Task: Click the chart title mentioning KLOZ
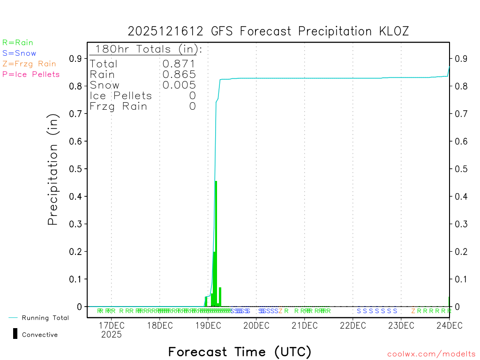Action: (268, 31)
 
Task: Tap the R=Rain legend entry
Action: (18, 43)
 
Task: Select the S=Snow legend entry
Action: (19, 53)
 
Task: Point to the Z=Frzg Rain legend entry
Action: (29, 64)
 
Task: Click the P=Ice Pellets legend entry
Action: (31, 74)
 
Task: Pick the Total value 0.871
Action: (179, 64)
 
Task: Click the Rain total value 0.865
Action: (179, 75)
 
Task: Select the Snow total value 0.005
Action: (179, 85)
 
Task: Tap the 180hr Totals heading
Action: (146, 49)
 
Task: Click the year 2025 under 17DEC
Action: (111, 335)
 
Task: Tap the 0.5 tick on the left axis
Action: (75, 169)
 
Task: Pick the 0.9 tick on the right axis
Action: (459, 59)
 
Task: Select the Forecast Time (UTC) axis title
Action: (240, 352)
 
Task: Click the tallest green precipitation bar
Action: (216, 244)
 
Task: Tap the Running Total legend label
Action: (45, 318)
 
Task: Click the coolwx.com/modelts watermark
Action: (431, 354)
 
